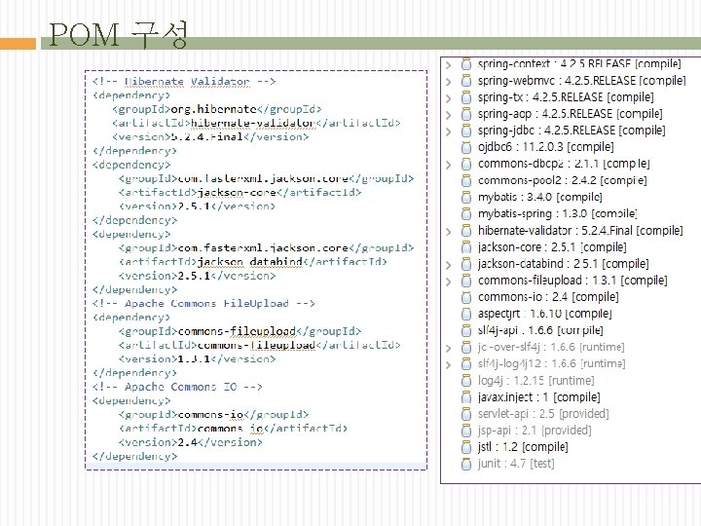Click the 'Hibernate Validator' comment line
pyautogui.click(x=185, y=82)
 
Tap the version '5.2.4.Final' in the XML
pyautogui.click(x=206, y=137)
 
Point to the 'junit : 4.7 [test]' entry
pyautogui.click(x=516, y=464)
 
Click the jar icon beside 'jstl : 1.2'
pyautogui.click(x=466, y=446)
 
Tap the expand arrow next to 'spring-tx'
pyautogui.click(x=448, y=96)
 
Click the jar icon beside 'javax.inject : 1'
pyautogui.click(x=466, y=396)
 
